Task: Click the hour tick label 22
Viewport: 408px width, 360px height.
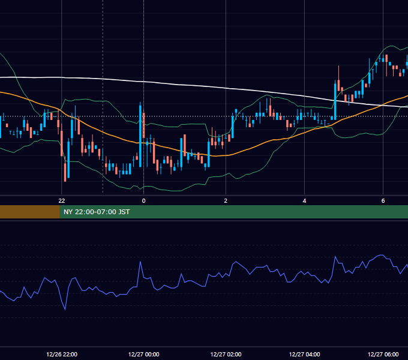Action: click(x=62, y=201)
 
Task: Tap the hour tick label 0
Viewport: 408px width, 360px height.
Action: click(x=143, y=201)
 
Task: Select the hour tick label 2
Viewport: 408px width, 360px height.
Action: click(x=226, y=201)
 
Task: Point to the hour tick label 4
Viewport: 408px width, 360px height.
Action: click(x=304, y=201)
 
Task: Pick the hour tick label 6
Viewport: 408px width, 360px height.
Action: click(x=383, y=201)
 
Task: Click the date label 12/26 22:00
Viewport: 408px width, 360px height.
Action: click(x=62, y=354)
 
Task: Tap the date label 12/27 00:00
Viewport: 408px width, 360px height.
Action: click(x=143, y=354)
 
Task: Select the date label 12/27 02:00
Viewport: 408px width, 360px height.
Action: click(x=226, y=354)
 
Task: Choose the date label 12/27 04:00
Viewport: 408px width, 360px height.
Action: click(x=304, y=354)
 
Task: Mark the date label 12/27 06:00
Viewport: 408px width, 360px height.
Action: click(x=383, y=354)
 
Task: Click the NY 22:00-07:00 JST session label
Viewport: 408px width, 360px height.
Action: click(x=97, y=212)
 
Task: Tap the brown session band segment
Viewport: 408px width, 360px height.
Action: click(x=29, y=212)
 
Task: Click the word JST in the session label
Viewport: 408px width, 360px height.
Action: click(x=124, y=212)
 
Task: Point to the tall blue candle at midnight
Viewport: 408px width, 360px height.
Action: click(x=140, y=134)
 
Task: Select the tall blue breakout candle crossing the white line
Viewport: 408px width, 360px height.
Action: click(x=335, y=100)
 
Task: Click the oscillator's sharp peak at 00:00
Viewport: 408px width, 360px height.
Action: click(x=140, y=262)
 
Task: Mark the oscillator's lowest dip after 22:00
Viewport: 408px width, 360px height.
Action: click(x=65, y=310)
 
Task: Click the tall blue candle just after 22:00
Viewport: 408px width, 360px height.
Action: click(x=68, y=158)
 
